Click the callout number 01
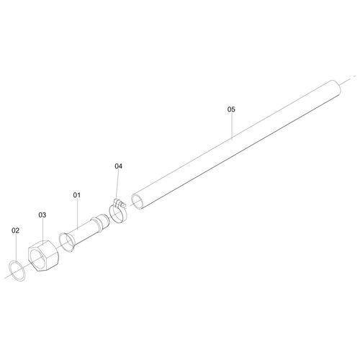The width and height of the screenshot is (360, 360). (77, 195)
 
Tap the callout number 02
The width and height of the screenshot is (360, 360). (15, 230)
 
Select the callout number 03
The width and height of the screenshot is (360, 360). (42, 215)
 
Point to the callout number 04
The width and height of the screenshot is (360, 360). (118, 166)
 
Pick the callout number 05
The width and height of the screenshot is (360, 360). (231, 109)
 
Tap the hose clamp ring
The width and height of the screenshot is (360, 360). (111, 214)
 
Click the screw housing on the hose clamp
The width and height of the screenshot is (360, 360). (120, 204)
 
